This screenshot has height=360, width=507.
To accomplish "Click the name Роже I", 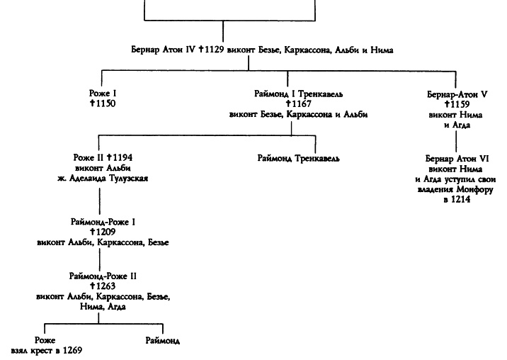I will [98, 93].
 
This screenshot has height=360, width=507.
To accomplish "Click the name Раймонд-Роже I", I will [103, 222].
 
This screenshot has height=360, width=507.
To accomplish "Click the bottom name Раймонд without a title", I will [162, 340].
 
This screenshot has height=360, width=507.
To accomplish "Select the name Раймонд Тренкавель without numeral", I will [297, 157].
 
